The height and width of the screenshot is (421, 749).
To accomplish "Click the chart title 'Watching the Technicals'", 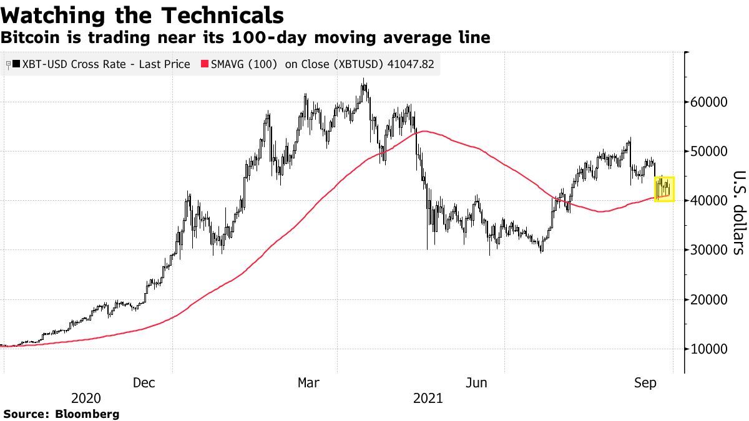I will pyautogui.click(x=142, y=15).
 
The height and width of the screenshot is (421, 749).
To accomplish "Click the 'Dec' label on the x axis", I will pyautogui.click(x=144, y=383).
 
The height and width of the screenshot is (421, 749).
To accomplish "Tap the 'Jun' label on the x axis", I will pyautogui.click(x=477, y=383).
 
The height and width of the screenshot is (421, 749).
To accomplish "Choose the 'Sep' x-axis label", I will pyautogui.click(x=645, y=383).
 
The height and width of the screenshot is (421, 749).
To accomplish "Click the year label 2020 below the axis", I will pyautogui.click(x=87, y=399).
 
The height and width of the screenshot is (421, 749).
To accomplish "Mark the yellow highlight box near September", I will pyautogui.click(x=664, y=188).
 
